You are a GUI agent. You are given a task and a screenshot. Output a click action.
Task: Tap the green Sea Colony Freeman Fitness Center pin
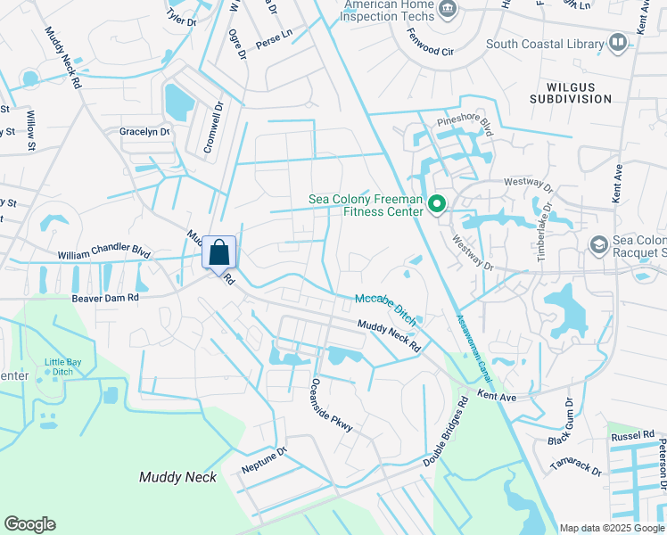point(437,206)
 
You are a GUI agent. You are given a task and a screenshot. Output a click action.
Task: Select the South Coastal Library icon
point(617,43)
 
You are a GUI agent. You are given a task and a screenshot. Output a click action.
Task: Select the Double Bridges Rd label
point(447,433)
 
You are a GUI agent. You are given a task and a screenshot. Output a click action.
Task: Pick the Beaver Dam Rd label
point(106,298)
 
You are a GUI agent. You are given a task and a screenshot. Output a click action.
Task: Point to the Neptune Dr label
point(264,459)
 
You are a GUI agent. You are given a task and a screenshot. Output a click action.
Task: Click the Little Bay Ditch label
point(62,366)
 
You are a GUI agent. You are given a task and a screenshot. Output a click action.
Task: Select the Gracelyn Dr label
point(144,132)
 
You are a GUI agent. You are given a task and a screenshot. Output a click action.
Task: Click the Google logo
point(29,524)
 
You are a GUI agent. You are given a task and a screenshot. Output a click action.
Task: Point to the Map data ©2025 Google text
point(611,528)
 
